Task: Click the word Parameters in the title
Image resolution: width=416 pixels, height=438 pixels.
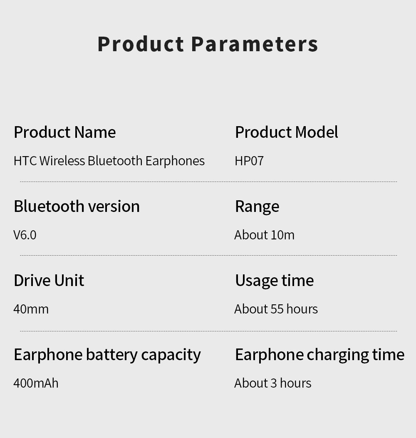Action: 255,44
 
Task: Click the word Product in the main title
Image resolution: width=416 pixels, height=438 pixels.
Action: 141,44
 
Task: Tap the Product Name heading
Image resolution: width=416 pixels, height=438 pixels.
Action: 65,132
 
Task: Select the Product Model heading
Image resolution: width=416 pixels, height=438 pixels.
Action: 287,132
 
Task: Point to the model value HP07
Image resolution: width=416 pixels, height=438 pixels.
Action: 249,161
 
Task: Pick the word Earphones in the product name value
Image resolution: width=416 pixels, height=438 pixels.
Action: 175,161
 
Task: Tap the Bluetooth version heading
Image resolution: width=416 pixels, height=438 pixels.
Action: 77,207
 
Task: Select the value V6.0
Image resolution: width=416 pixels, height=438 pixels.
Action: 25,235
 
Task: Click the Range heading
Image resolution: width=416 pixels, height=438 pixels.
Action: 257,207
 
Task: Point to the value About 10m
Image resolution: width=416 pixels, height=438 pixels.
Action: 265,235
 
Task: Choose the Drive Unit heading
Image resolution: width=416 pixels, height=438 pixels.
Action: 49,281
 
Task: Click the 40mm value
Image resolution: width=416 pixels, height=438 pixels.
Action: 31,309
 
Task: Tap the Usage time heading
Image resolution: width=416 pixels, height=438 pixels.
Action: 275,281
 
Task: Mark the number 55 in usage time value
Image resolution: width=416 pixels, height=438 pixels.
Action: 277,309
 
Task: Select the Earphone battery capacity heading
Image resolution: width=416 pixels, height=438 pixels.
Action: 107,355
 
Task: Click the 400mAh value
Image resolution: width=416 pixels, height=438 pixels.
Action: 36,383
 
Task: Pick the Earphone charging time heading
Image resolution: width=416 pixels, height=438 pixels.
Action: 319,355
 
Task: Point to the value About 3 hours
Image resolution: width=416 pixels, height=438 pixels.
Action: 273,383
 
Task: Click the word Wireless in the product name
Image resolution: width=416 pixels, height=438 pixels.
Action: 62,161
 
